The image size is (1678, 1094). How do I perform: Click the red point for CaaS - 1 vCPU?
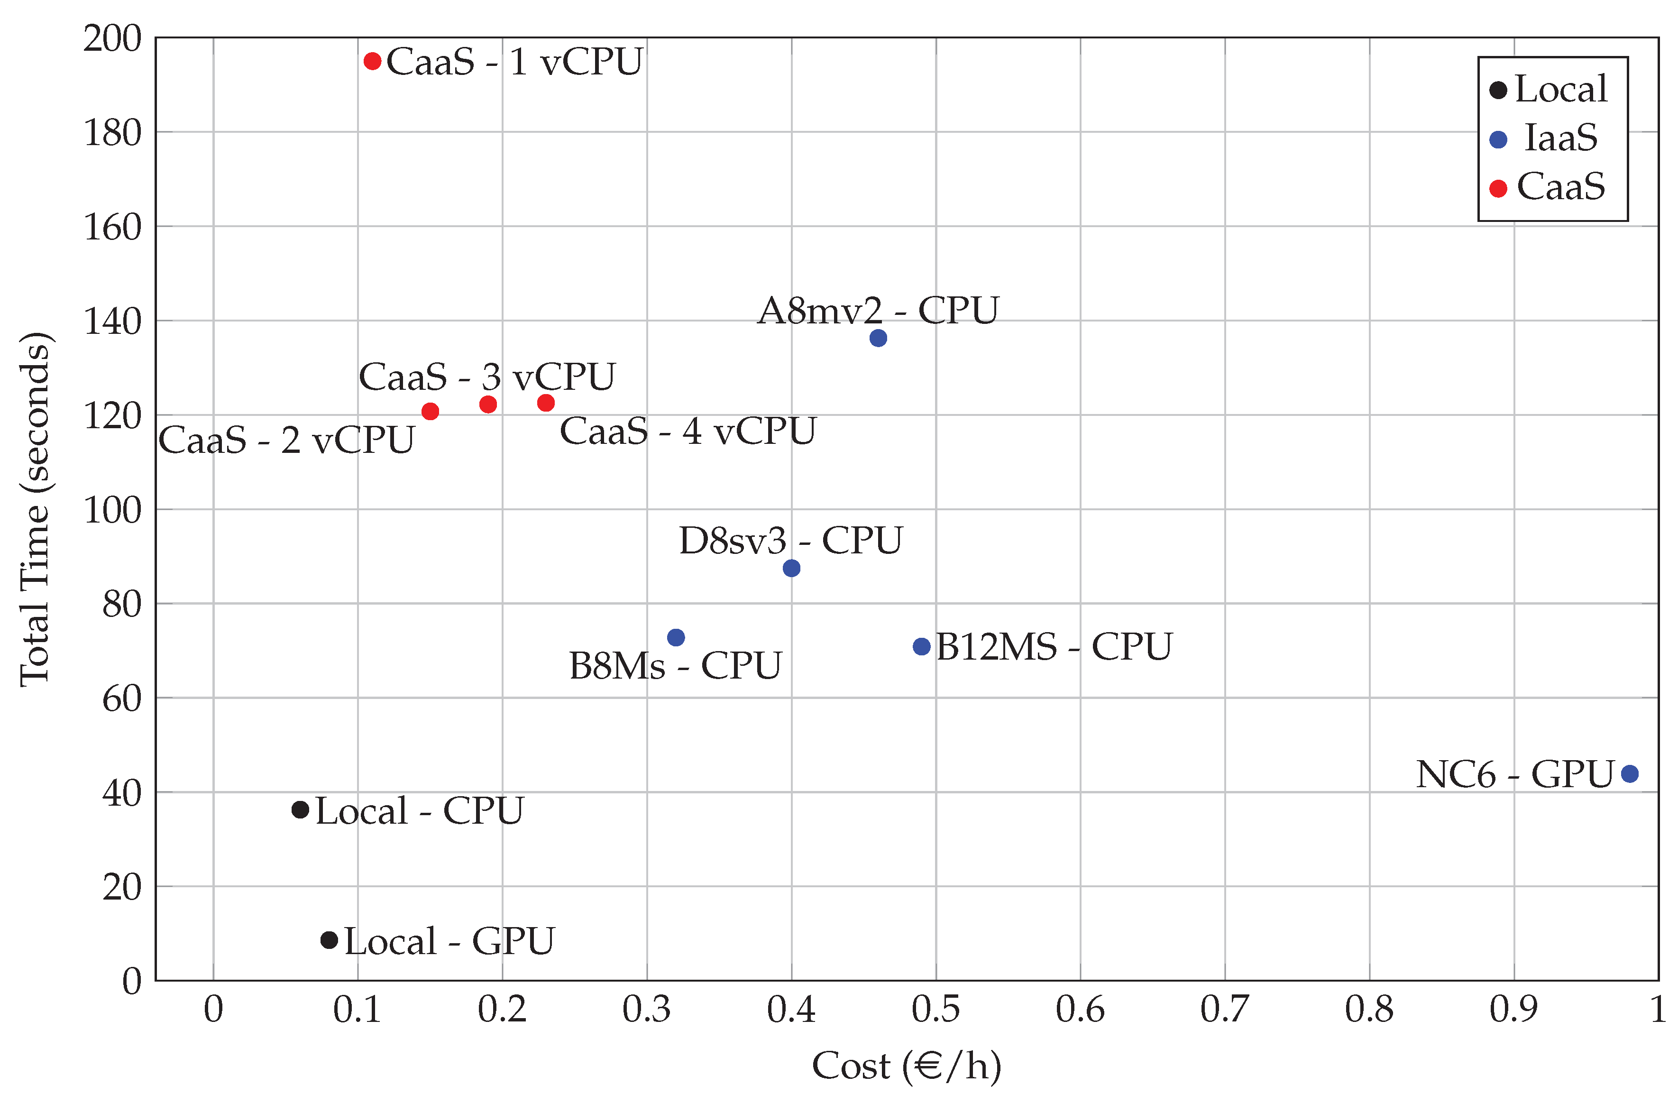(x=372, y=61)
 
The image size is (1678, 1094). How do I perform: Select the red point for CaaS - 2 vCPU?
(x=430, y=411)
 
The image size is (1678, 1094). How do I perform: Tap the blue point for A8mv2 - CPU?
(x=878, y=338)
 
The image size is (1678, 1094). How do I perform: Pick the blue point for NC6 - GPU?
(x=1629, y=774)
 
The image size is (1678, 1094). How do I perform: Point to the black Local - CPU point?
(x=300, y=810)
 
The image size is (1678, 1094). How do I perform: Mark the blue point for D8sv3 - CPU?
(x=791, y=568)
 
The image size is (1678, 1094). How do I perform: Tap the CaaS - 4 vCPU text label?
(x=688, y=431)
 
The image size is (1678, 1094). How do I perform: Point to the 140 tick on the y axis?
(x=113, y=322)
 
